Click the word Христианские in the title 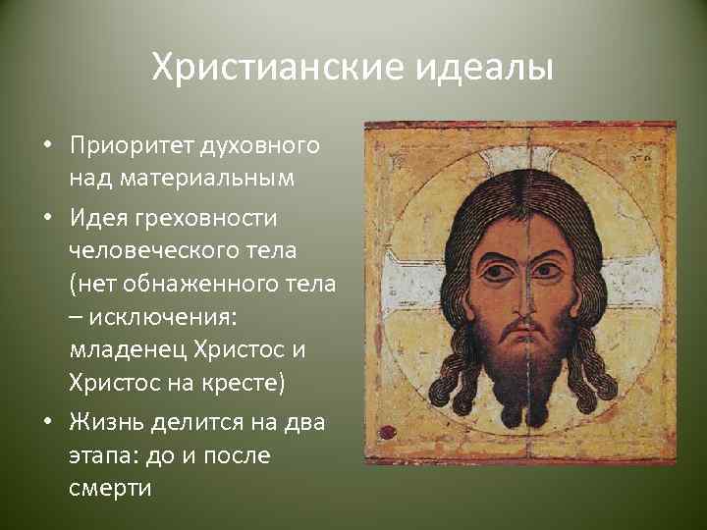click(x=273, y=70)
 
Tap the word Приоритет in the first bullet click(x=133, y=146)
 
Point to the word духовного click(x=260, y=146)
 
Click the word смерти click(x=110, y=489)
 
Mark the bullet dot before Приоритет click(x=47, y=147)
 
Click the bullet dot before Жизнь click(x=47, y=422)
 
